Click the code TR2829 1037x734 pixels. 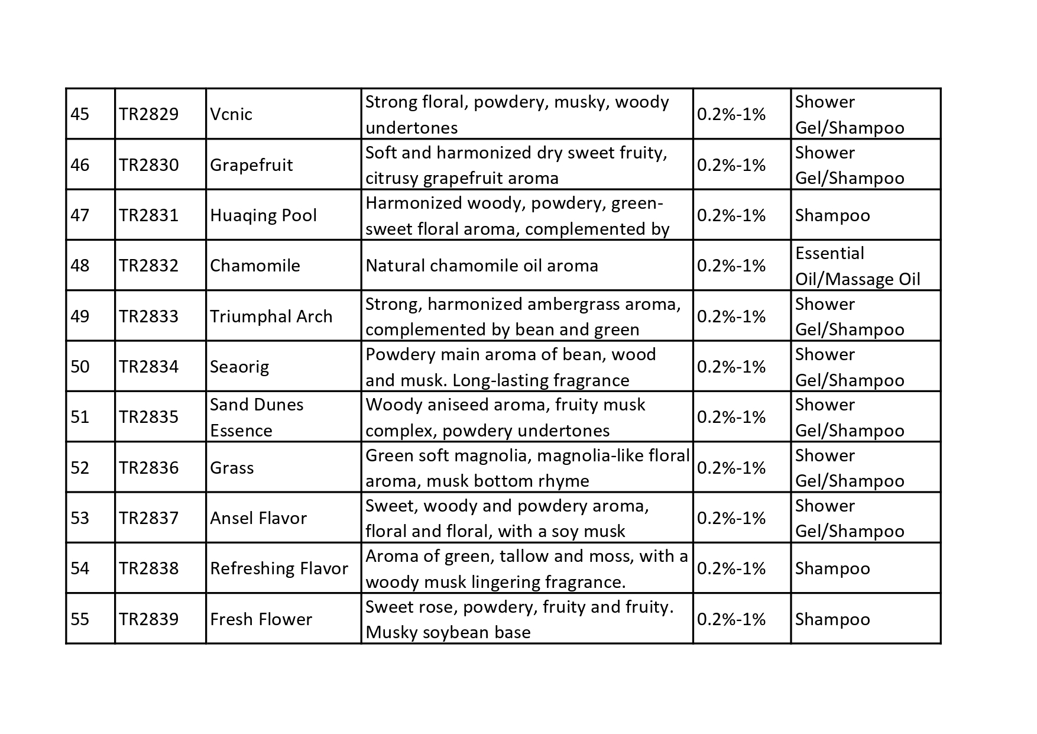coord(148,114)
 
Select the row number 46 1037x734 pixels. coord(80,165)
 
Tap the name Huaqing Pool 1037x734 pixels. coord(263,215)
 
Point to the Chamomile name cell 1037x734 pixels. coord(255,266)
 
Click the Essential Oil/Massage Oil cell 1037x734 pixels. coord(857,266)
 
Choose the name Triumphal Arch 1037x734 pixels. coord(271,316)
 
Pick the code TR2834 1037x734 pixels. coord(148,367)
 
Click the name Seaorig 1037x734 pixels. coord(239,367)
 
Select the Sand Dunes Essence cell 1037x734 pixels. coord(257,418)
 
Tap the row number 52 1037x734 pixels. coord(80,468)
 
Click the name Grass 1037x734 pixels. coord(232,468)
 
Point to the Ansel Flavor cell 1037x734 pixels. coord(258,519)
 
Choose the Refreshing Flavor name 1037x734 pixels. coord(279,569)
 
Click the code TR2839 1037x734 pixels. coord(148,619)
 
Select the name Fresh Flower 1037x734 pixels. coord(261,619)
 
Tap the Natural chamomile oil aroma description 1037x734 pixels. coord(482,266)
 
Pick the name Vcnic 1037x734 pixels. coord(231,114)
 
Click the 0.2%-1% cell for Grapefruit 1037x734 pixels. coord(731,165)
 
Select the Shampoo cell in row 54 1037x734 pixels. coord(832,569)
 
